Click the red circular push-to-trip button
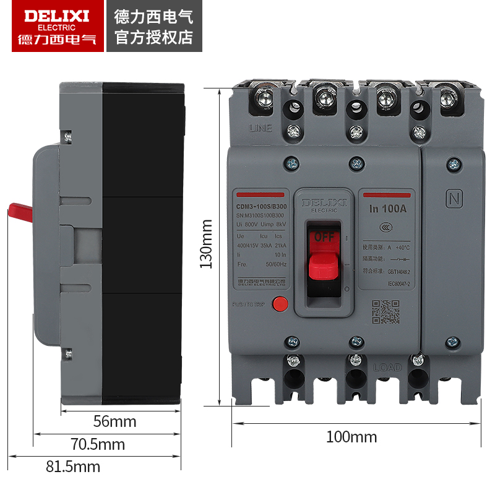[282, 304]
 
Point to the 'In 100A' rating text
[388, 209]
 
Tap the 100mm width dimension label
[351, 437]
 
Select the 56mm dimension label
[114, 422]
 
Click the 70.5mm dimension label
[97, 444]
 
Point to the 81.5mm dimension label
[72, 466]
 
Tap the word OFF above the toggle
[324, 237]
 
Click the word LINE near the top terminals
[260, 129]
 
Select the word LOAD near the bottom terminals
[387, 367]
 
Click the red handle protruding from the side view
[20, 212]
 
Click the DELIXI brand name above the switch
[325, 202]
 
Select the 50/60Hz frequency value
[277, 264]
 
